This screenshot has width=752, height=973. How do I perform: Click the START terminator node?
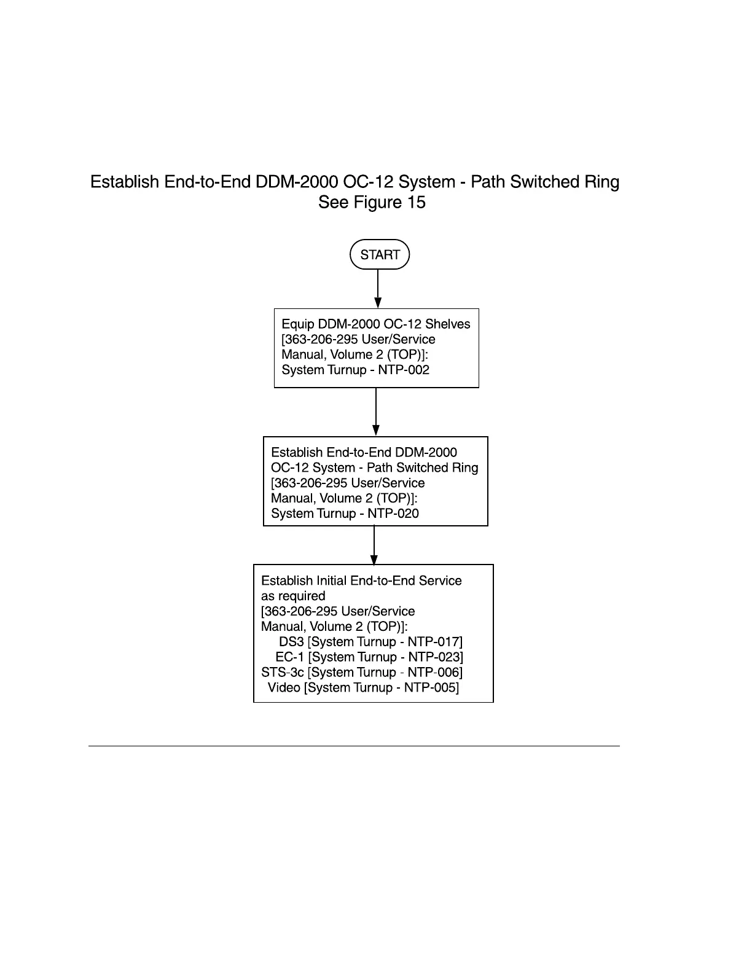pos(380,254)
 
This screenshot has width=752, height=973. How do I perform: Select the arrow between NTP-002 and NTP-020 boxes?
pos(376,412)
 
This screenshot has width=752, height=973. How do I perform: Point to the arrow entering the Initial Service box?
pos(374,545)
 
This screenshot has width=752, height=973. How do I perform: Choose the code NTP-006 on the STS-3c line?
pos(433,673)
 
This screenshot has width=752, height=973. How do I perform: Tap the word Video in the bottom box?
pos(284,687)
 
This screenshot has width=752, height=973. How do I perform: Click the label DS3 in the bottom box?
pos(291,642)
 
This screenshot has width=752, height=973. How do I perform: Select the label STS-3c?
pos(283,673)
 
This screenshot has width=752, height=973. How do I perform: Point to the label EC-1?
pos(290,657)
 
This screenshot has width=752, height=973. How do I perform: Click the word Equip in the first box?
pos(297,324)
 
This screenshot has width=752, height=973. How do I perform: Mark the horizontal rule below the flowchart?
pos(354,746)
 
